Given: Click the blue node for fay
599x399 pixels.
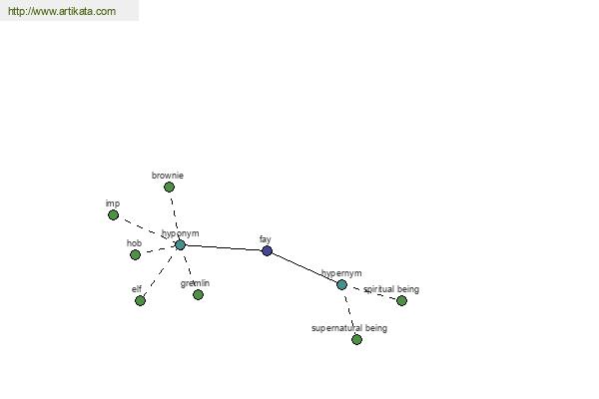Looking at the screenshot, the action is tap(267, 250).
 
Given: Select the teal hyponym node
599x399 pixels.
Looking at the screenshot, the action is tap(180, 244).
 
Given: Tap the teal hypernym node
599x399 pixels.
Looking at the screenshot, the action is tap(341, 284).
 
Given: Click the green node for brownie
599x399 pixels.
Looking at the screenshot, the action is tap(169, 188).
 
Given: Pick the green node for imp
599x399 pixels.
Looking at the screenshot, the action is tap(113, 215).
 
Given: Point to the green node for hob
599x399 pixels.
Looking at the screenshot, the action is tap(135, 254).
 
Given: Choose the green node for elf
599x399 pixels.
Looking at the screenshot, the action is tap(140, 301).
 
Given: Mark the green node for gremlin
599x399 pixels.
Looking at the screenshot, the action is tap(198, 295).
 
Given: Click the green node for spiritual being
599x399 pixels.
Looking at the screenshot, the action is tap(401, 301).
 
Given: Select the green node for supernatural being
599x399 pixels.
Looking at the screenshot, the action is tap(356, 339).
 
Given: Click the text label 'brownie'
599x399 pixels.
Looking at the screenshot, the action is tap(168, 176).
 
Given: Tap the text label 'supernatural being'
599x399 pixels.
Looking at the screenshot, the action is tap(349, 328).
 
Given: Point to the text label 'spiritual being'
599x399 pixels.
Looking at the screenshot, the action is tap(391, 289).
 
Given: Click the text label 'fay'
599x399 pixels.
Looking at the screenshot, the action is tap(266, 239).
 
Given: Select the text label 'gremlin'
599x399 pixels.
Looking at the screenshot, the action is tap(195, 283).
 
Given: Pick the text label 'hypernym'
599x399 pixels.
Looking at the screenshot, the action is tap(341, 273).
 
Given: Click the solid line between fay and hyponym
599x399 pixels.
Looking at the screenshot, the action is tap(224, 247).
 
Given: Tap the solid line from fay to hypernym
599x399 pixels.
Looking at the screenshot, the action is tap(304, 267).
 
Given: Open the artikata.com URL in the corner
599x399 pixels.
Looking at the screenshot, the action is tap(62, 11).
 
